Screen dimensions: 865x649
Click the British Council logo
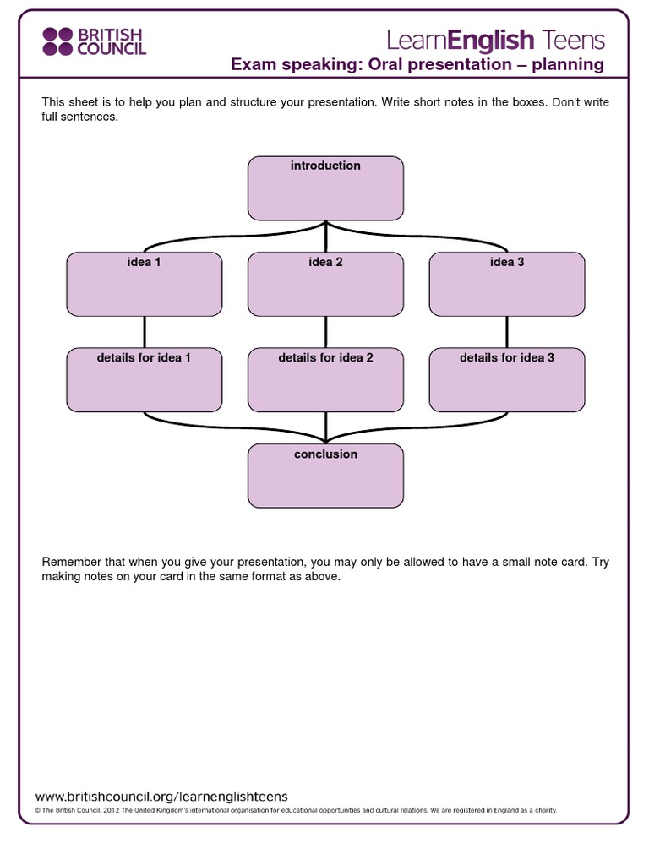(x=94, y=41)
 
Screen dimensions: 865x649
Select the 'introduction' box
(x=325, y=188)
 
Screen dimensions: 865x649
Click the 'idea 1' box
(x=145, y=284)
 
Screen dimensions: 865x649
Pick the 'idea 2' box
(x=325, y=284)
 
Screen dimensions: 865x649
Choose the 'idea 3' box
(x=507, y=284)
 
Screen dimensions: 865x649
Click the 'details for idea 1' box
(x=145, y=380)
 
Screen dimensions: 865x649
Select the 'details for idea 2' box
(x=325, y=380)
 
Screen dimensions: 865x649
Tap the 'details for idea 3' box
(x=507, y=380)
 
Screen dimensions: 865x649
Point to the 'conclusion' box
(x=325, y=476)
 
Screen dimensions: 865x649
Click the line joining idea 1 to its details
(x=145, y=332)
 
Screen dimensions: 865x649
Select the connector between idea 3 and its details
(x=507, y=332)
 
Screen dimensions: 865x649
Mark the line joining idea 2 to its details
(x=325, y=332)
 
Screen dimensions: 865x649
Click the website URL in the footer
(x=161, y=796)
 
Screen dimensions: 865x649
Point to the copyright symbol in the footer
(x=37, y=810)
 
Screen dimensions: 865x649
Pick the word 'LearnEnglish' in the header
(x=461, y=39)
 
